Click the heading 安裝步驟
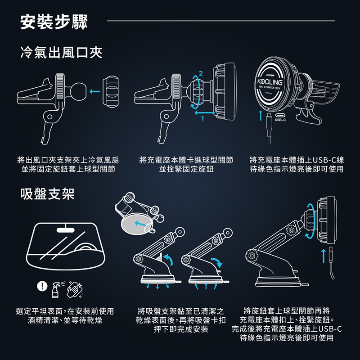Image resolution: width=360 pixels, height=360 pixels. tap(54, 22)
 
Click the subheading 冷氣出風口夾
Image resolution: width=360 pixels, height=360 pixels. tap(61, 52)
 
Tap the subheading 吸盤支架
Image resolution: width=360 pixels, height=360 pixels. tap(47, 194)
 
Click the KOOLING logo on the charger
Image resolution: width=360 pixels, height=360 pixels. tap(270, 82)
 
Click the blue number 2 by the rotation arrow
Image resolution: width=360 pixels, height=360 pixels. tap(201, 73)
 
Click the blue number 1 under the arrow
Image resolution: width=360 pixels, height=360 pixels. tap(202, 118)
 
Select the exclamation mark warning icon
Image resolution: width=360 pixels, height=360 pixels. tap(42, 286)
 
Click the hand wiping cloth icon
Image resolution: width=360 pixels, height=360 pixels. tap(75, 290)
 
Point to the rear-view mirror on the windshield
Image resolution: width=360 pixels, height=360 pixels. tap(65, 230)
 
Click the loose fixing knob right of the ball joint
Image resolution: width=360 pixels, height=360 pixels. tap(111, 92)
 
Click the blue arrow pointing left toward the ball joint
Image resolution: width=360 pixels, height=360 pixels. tap(95, 92)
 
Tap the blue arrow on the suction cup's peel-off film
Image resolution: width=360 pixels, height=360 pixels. tap(140, 223)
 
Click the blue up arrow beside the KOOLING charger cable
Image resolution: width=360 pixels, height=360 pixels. tap(261, 116)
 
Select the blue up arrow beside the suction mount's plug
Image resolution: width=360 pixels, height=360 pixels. tap(323, 256)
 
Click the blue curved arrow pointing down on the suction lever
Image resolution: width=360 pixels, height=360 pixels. tap(217, 262)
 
